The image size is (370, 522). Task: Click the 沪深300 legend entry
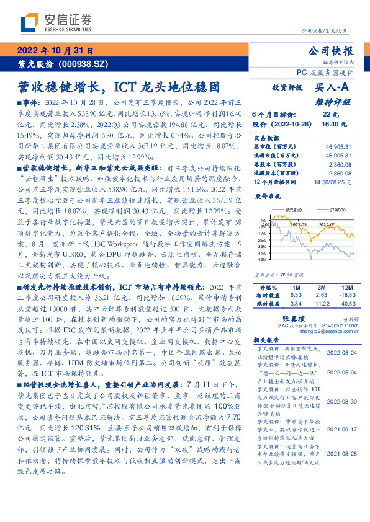pyautogui.click(x=335, y=210)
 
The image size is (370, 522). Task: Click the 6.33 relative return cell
pyautogui.click(x=296, y=296)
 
